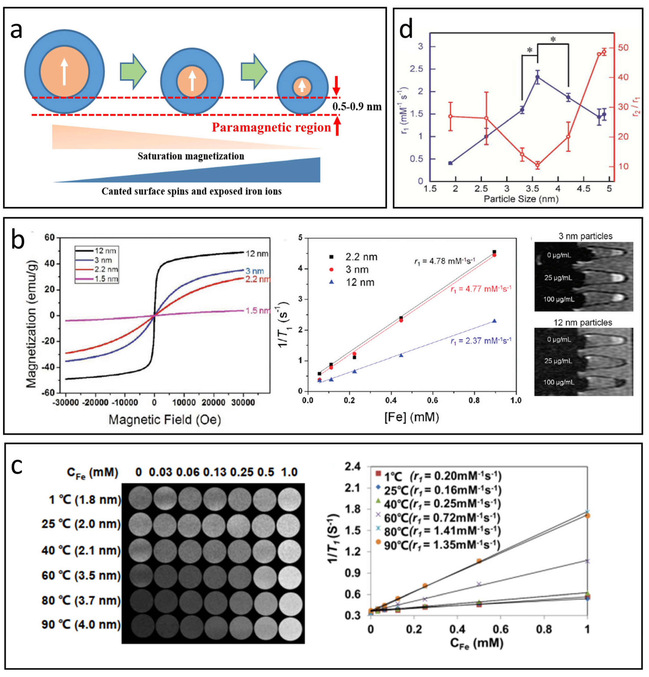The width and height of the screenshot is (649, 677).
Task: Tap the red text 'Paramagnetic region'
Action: pos(272,127)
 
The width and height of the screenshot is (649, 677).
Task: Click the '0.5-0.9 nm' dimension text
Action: pos(357,106)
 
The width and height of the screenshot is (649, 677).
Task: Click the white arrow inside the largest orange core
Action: pos(64,71)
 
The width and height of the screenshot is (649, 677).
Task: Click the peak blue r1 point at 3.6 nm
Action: pos(538,77)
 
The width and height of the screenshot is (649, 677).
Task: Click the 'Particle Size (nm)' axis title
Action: pos(521,199)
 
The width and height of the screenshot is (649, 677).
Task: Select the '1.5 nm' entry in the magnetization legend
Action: pos(106,279)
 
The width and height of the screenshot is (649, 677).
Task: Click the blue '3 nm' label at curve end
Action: pos(254,271)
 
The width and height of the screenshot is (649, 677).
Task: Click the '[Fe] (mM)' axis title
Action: pos(411,417)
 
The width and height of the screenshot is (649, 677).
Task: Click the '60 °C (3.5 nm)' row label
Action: pos(81,575)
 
